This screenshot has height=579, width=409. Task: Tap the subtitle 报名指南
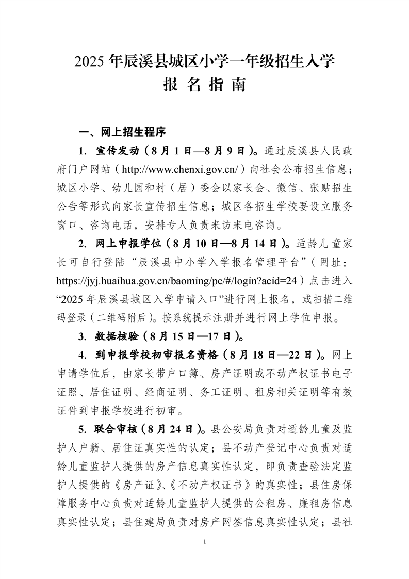204,85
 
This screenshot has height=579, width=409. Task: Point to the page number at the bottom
205,541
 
